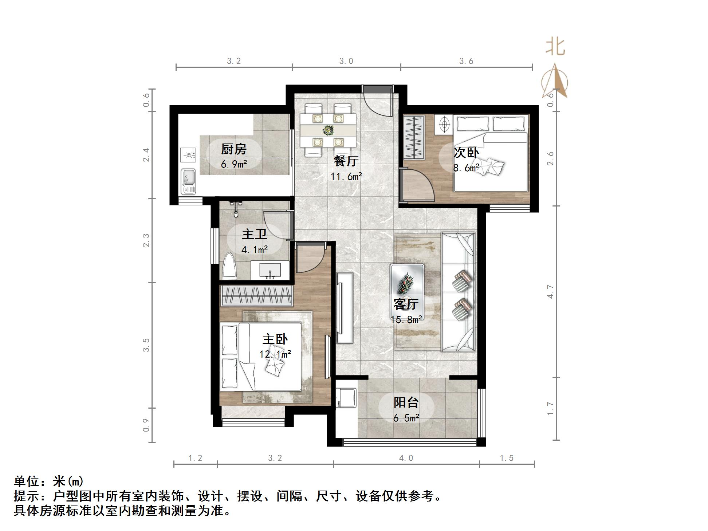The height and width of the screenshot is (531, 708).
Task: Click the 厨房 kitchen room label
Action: [x=233, y=149]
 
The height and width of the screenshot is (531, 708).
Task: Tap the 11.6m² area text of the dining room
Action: [x=346, y=177]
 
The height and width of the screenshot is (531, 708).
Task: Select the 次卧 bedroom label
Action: [x=466, y=153]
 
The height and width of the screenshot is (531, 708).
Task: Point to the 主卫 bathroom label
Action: [x=254, y=234]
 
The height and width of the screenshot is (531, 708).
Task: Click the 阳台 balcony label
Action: [x=406, y=402]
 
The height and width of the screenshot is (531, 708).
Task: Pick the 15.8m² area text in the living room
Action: [x=406, y=320]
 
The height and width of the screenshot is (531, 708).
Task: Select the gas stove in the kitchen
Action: [x=188, y=155]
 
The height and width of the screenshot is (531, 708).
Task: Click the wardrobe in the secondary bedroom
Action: [x=414, y=137]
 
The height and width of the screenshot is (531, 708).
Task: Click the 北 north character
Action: [x=555, y=47]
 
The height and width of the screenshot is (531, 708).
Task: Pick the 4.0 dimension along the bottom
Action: [x=406, y=458]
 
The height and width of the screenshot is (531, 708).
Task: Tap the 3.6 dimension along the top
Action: [x=466, y=61]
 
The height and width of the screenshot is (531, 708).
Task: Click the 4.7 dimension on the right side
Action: [x=550, y=292]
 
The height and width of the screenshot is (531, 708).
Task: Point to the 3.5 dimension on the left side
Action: [x=146, y=345]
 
